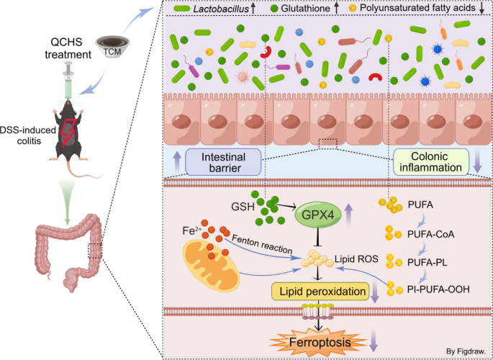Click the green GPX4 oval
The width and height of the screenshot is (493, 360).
pyautogui.click(x=318, y=215)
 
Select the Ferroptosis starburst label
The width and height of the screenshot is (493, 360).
pyautogui.click(x=319, y=342)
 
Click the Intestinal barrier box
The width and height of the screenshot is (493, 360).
pyautogui.click(x=223, y=162)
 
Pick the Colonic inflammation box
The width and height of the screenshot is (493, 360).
pyautogui.click(x=431, y=162)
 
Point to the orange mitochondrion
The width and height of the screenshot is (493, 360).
pyautogui.click(x=211, y=265)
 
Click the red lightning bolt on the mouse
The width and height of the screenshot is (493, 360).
pyautogui.click(x=68, y=132)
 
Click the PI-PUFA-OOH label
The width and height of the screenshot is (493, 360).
pyautogui.click(x=438, y=289)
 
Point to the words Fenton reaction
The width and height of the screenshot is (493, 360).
pyautogui.click(x=262, y=244)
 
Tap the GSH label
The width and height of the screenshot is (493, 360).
pyautogui.click(x=241, y=207)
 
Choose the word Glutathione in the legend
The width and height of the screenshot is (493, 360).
pyautogui.click(x=306, y=8)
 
